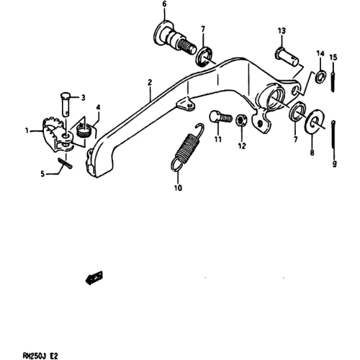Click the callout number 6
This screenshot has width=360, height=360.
point(164,4)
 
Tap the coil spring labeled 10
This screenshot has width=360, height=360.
point(188,147)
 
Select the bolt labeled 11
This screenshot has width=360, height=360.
point(220,117)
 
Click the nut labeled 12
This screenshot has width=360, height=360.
point(241,120)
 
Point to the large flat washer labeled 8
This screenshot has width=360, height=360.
point(314,120)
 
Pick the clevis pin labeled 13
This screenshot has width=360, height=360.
point(287,56)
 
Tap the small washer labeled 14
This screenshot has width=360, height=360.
point(320,76)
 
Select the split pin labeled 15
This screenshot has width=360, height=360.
point(333,76)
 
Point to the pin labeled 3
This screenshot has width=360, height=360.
point(65,104)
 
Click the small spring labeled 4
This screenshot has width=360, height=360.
point(83,131)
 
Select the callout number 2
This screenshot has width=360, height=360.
point(150,83)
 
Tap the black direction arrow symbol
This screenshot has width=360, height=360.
point(94,278)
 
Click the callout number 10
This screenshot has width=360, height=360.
point(178,188)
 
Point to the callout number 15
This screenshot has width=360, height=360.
point(333,57)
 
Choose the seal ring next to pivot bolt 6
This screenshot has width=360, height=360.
point(204,57)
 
